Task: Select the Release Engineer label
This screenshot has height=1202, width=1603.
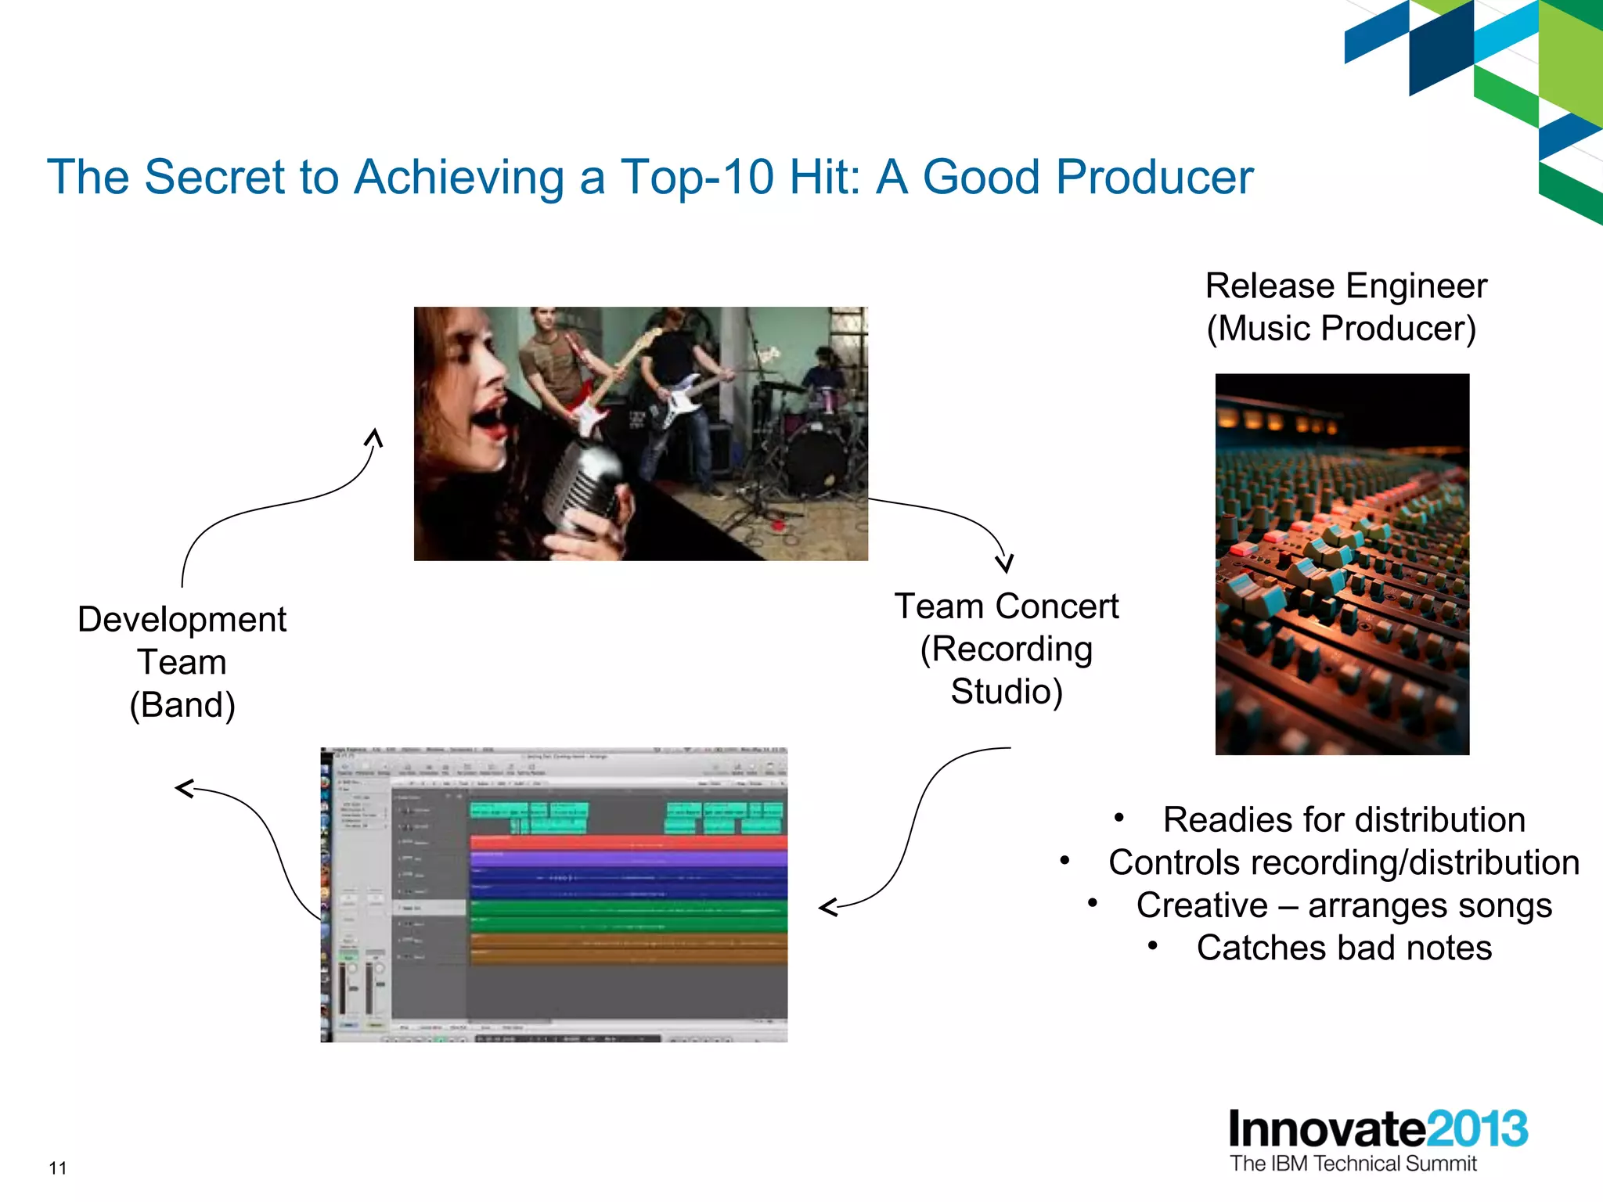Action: pyautogui.click(x=1345, y=286)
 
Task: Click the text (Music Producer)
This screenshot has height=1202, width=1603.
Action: pyautogui.click(x=1341, y=329)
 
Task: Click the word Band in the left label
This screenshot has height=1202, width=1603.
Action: pyautogui.click(x=182, y=705)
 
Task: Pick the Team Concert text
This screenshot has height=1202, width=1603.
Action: pyautogui.click(x=1006, y=606)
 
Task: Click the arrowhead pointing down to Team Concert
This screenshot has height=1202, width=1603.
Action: pyautogui.click(x=1005, y=564)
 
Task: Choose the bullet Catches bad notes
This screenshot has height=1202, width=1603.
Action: pyautogui.click(x=1343, y=948)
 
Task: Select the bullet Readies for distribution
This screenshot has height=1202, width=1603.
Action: pyautogui.click(x=1343, y=820)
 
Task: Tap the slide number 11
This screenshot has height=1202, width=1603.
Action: pyautogui.click(x=58, y=1168)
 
